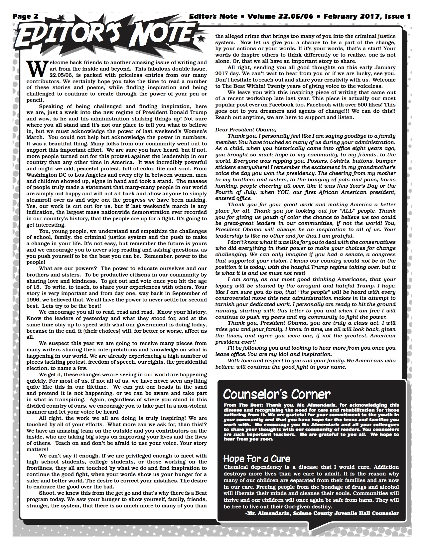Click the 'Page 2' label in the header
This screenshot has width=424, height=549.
pos(26,16)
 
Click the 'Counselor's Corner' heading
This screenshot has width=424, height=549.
pos(277,394)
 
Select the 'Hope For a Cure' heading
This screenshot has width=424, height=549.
pos(257,459)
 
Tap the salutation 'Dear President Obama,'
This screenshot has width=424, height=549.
pos(246,129)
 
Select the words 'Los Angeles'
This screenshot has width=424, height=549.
pos(93,175)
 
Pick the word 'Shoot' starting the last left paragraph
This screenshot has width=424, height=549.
pos(47,493)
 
